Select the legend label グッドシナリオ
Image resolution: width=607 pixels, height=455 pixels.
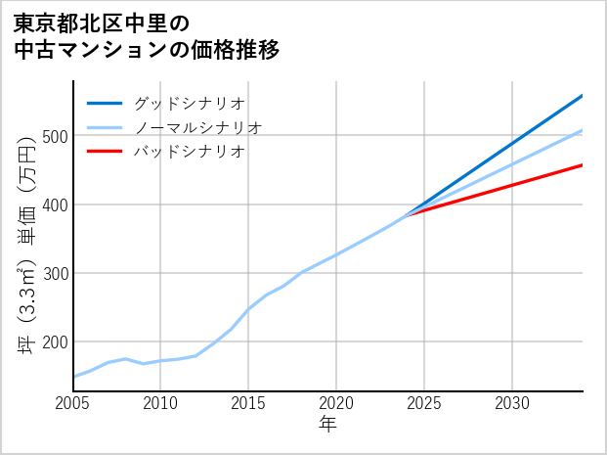pyautogui.click(x=189, y=103)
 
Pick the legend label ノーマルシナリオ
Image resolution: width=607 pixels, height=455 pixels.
pyautogui.click(x=197, y=127)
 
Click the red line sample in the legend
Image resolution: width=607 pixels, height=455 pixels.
pyautogui.click(x=105, y=152)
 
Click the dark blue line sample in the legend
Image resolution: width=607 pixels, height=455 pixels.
pyautogui.click(x=105, y=103)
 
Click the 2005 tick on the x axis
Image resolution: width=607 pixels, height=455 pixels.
pyautogui.click(x=73, y=403)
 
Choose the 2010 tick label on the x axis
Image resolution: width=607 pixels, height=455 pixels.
pyautogui.click(x=160, y=403)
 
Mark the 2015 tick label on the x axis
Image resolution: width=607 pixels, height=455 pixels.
pyautogui.click(x=248, y=403)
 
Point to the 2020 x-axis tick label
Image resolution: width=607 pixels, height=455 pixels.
pyautogui.click(x=336, y=403)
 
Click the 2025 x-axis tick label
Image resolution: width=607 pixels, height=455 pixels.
pyautogui.click(x=424, y=403)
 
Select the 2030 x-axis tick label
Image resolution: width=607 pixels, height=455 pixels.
pyautogui.click(x=512, y=403)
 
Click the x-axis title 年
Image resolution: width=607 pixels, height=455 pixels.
pyautogui.click(x=328, y=425)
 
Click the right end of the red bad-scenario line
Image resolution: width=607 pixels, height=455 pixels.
pyautogui.click(x=582, y=165)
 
